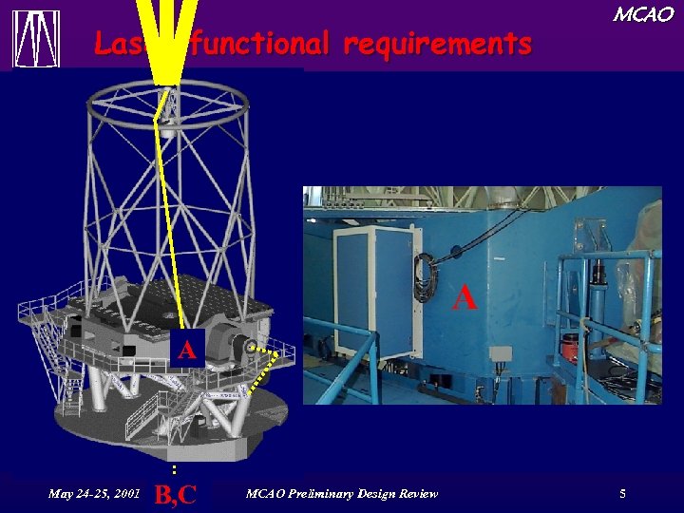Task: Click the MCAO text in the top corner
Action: (642, 14)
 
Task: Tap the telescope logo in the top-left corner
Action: (36, 39)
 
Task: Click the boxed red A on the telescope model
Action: (187, 350)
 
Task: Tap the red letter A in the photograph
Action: (465, 297)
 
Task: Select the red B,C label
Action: (175, 494)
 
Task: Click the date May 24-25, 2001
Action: (94, 493)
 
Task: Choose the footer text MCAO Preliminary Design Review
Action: (342, 493)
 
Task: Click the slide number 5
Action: (622, 493)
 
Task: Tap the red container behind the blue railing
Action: (570, 347)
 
